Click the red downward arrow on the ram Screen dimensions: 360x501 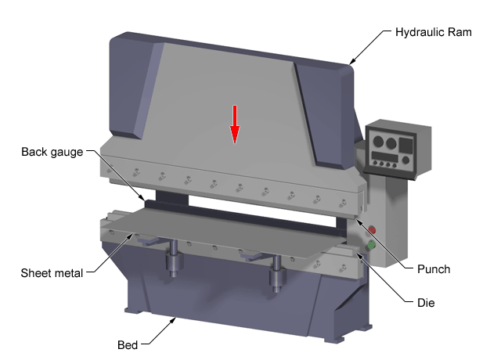(x=233, y=124)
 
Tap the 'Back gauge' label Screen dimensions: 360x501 (x=52, y=151)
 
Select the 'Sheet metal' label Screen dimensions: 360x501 (x=52, y=273)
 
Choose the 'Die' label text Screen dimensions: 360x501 (x=424, y=301)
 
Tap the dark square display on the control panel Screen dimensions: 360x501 (x=405, y=145)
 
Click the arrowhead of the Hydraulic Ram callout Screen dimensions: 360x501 (x=350, y=63)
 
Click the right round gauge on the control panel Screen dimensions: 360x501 (x=391, y=142)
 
